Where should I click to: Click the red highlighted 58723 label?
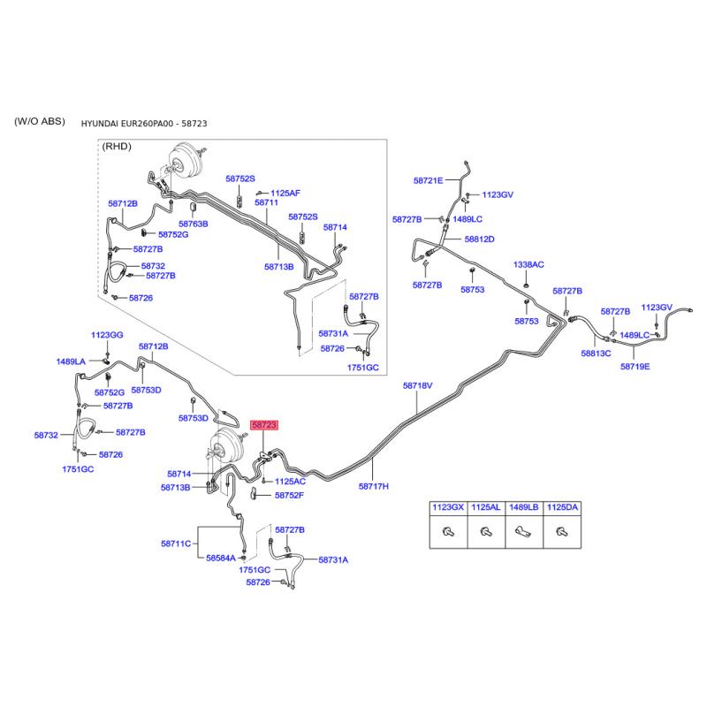(264, 425)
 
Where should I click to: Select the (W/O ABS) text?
(40, 121)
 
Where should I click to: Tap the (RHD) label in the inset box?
(117, 147)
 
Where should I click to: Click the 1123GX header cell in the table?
(448, 507)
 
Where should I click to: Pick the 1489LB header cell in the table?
(524, 507)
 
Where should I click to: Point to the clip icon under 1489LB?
(523, 532)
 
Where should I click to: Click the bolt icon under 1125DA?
(562, 532)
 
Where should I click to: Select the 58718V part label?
(417, 385)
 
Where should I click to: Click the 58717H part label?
(373, 486)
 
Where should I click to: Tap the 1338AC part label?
(528, 264)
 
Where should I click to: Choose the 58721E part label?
(429, 181)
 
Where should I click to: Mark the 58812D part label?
(479, 239)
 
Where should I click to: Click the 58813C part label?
(596, 353)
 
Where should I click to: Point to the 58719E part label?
(635, 367)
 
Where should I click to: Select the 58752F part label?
(289, 495)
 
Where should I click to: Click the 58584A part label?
(221, 559)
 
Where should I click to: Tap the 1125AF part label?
(285, 193)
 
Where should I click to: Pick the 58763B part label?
(193, 224)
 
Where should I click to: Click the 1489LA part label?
(71, 361)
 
